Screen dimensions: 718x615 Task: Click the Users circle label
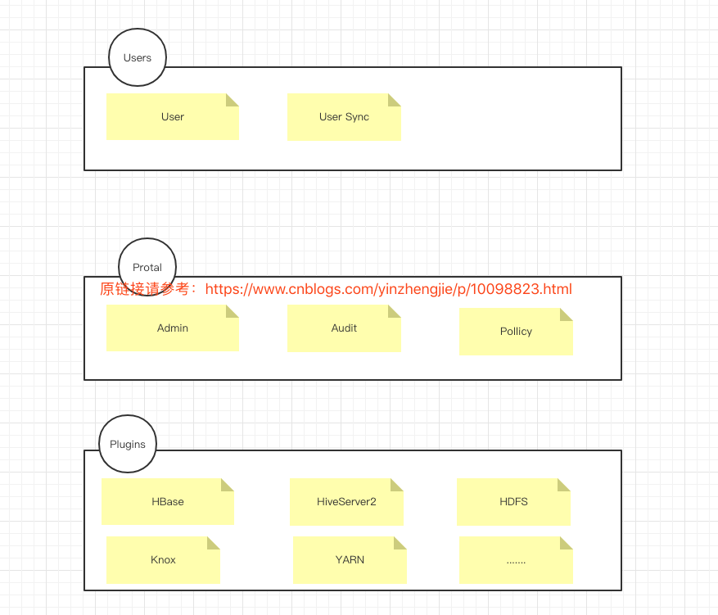tap(138, 57)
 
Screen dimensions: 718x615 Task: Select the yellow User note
tap(172, 117)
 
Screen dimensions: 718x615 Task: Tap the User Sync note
tap(344, 117)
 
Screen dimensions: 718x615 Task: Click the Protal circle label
tap(147, 267)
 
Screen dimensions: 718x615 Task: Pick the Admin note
tap(172, 328)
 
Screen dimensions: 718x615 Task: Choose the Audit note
tap(344, 328)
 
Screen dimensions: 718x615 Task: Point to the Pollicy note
tap(516, 332)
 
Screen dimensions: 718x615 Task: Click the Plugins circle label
tap(128, 444)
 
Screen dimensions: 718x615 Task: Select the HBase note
tap(167, 502)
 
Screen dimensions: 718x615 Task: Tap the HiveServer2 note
tap(346, 502)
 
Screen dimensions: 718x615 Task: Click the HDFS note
tap(513, 502)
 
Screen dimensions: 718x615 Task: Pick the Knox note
tap(163, 560)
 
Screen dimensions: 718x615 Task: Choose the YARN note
tap(350, 560)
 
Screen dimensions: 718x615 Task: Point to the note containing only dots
tap(516, 561)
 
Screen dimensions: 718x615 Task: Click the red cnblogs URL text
tap(388, 289)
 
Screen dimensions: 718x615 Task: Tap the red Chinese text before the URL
tap(148, 289)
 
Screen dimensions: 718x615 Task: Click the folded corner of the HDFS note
tap(564, 485)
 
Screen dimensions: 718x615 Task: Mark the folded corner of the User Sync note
tap(395, 99)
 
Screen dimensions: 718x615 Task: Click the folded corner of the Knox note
tap(214, 543)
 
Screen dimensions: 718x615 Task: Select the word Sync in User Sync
tap(357, 117)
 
